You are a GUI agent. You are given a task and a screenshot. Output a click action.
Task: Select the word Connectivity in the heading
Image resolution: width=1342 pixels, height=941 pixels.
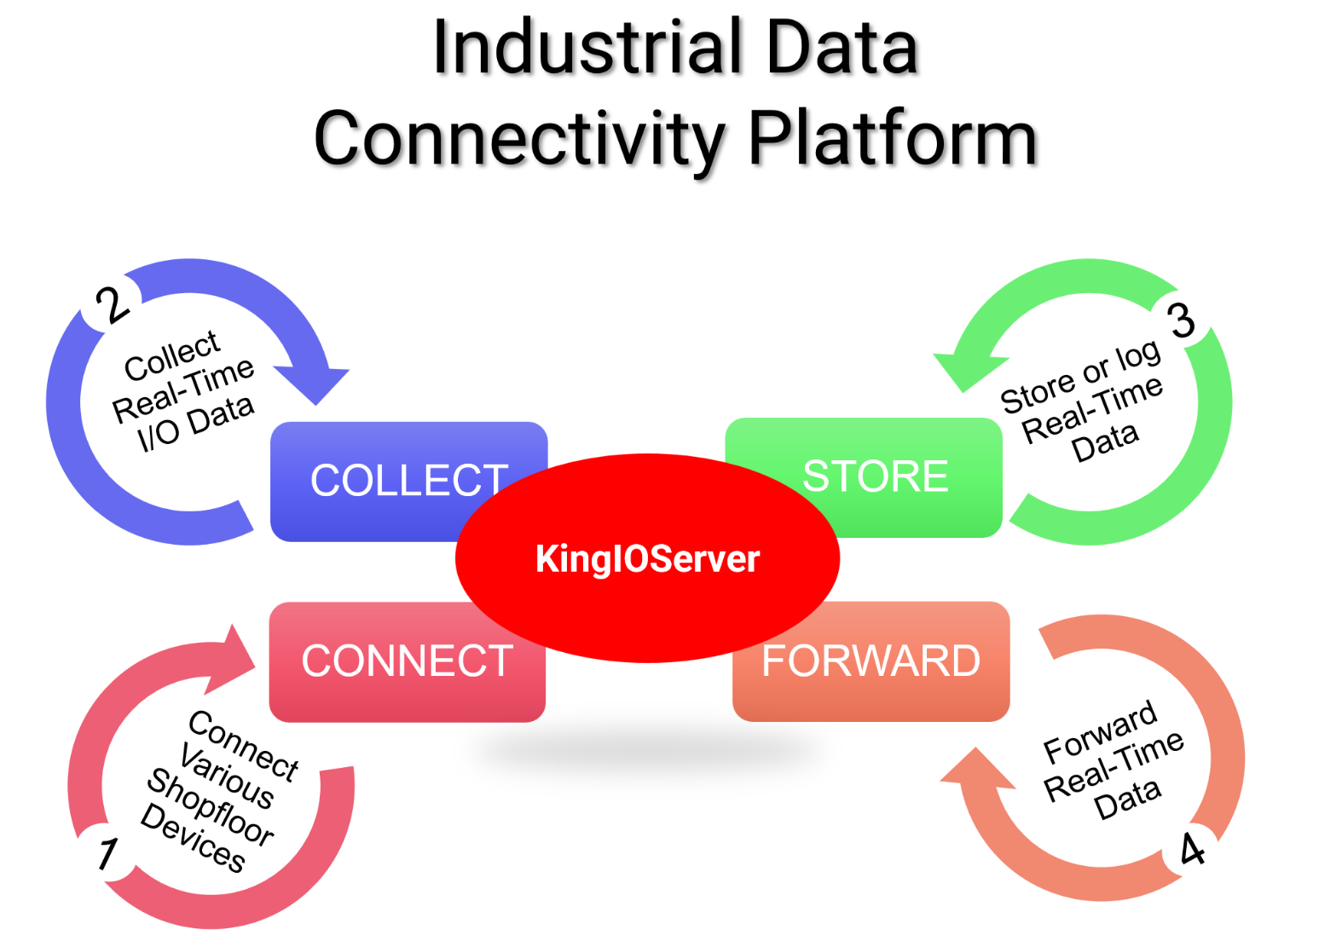pyautogui.click(x=519, y=138)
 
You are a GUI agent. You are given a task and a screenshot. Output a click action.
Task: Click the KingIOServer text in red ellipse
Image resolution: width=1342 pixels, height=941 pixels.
pyautogui.click(x=647, y=559)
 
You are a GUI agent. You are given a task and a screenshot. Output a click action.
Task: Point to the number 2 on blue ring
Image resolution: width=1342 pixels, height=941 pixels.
pyautogui.click(x=112, y=304)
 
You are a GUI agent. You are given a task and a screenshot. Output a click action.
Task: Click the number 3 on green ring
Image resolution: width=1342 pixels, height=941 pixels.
pyautogui.click(x=1182, y=320)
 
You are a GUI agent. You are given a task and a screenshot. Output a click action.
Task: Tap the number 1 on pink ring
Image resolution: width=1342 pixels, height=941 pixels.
pyautogui.click(x=107, y=853)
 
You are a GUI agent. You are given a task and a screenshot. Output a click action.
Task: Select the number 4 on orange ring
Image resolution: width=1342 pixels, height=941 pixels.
pyautogui.click(x=1192, y=849)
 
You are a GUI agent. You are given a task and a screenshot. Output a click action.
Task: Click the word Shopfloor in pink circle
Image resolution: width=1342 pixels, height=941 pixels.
pyautogui.click(x=210, y=806)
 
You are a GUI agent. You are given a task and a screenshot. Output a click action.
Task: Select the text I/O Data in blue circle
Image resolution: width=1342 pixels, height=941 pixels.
pyautogui.click(x=196, y=422)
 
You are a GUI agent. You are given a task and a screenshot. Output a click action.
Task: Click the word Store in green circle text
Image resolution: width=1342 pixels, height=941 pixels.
pyautogui.click(x=1037, y=393)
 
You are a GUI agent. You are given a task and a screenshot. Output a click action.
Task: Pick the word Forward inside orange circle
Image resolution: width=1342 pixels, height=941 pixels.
pyautogui.click(x=1100, y=730)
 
